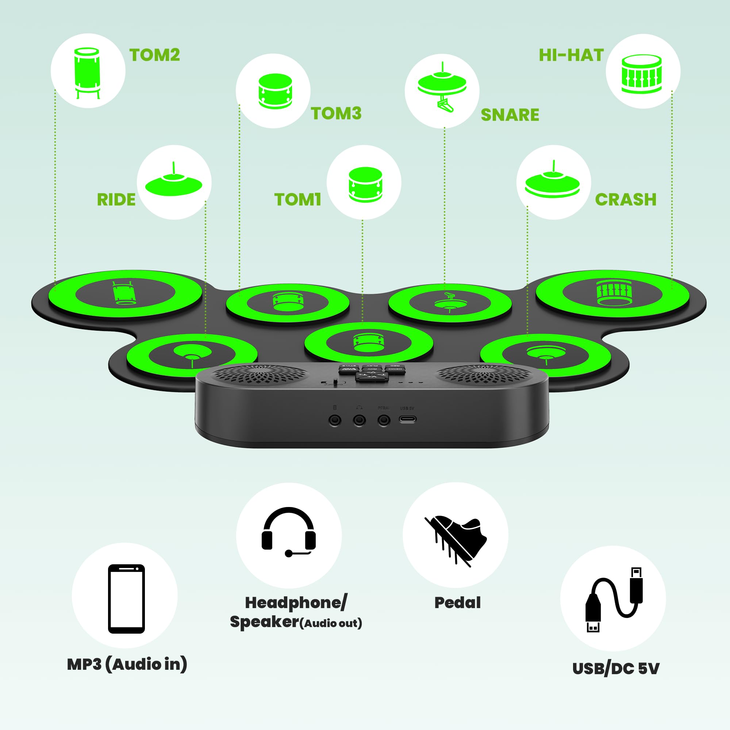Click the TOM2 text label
pyautogui.click(x=154, y=55)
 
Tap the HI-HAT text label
pyautogui.click(x=571, y=55)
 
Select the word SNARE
pyautogui.click(x=510, y=115)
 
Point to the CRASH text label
pyautogui.click(x=626, y=200)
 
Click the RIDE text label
pyautogui.click(x=116, y=200)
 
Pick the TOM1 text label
pyautogui.click(x=298, y=200)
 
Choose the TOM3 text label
pyautogui.click(x=336, y=114)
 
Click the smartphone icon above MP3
pyautogui.click(x=126, y=599)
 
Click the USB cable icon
pyautogui.click(x=613, y=599)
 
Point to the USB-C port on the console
pyautogui.click(x=408, y=419)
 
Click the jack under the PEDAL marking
pyautogui.click(x=384, y=420)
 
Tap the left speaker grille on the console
pyautogui.click(x=260, y=375)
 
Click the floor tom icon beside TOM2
pyautogui.click(x=87, y=72)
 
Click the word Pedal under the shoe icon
pyautogui.click(x=457, y=603)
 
